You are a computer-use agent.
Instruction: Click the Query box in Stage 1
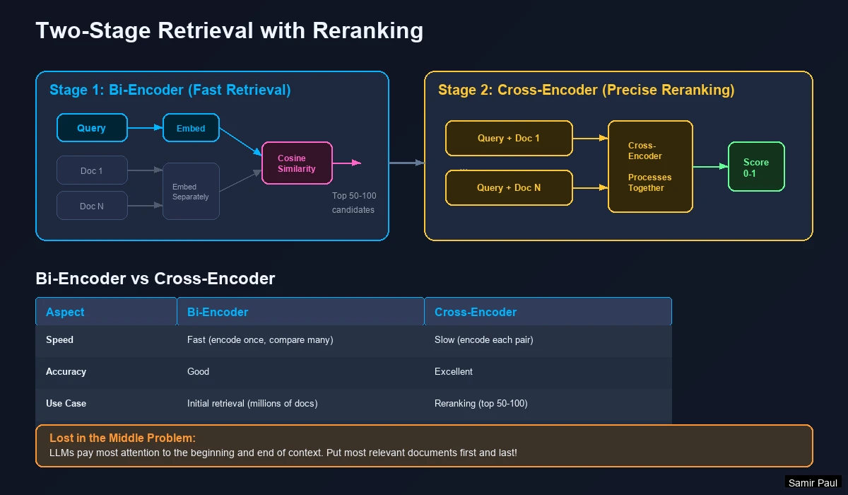tap(92, 128)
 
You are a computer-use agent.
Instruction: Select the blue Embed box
tap(191, 128)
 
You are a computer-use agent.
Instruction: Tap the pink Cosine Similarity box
tap(297, 163)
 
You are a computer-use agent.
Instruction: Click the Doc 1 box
tap(92, 170)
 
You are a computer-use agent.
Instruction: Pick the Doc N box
tap(92, 206)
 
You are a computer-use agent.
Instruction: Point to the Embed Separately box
tap(191, 192)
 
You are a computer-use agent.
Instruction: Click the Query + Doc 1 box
tap(509, 138)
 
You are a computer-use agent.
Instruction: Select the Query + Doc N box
tap(509, 187)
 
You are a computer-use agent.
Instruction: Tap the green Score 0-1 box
tap(756, 167)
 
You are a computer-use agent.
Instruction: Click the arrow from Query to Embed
tap(145, 128)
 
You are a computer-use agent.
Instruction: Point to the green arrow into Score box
tap(710, 166)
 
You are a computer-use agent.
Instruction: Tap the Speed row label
tap(60, 339)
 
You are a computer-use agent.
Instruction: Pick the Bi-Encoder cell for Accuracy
tap(199, 371)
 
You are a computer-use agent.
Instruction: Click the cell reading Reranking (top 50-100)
tap(481, 403)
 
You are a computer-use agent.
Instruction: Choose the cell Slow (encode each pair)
tap(483, 339)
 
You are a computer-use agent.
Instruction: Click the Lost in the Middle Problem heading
tap(122, 438)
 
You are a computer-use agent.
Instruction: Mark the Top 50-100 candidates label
tap(353, 203)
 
